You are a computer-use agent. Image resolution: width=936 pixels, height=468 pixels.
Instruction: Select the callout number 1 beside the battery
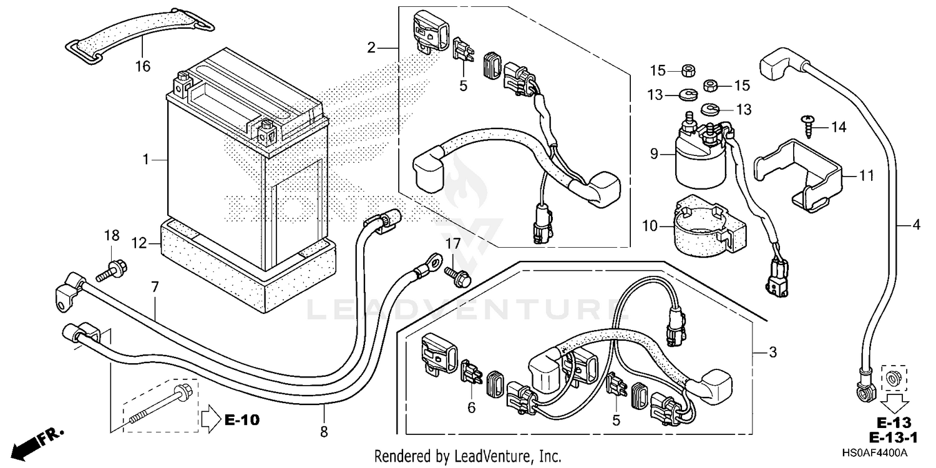pos(146,160)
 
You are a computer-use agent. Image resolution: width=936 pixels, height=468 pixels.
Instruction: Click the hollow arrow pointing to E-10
pos(210,415)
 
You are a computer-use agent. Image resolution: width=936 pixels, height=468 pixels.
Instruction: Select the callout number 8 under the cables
pos(324,431)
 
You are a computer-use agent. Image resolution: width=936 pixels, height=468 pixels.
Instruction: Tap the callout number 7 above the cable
pos(155,287)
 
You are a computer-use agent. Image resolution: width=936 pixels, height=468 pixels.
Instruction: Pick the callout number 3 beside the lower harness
pos(773,353)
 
